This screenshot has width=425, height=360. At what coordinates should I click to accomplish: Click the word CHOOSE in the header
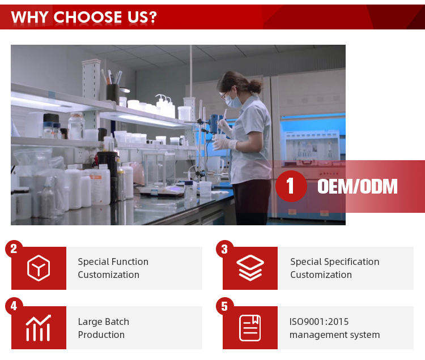coord(88,17)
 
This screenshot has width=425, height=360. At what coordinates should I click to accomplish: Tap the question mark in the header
coord(152,17)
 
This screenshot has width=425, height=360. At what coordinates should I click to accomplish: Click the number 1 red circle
coord(291,186)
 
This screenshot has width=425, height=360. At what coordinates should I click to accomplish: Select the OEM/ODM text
coord(357,186)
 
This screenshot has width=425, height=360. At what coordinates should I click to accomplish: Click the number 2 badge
coord(14,248)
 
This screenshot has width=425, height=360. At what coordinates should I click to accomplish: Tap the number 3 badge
coord(224,248)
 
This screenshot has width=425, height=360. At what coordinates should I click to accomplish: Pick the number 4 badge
coord(14,306)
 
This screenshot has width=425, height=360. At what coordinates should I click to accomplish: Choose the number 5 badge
coord(224,306)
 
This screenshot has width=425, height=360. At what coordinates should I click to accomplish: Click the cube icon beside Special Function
coord(39,268)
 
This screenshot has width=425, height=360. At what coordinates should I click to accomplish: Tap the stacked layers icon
coord(250,268)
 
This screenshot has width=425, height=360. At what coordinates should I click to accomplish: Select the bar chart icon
coord(38,328)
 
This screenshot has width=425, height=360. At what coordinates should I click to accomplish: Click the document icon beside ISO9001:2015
coord(250,328)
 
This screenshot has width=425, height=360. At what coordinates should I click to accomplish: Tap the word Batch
coord(117,322)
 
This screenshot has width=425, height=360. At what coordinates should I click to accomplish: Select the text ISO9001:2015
coord(319,322)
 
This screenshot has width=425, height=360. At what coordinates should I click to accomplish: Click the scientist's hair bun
coord(256,86)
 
